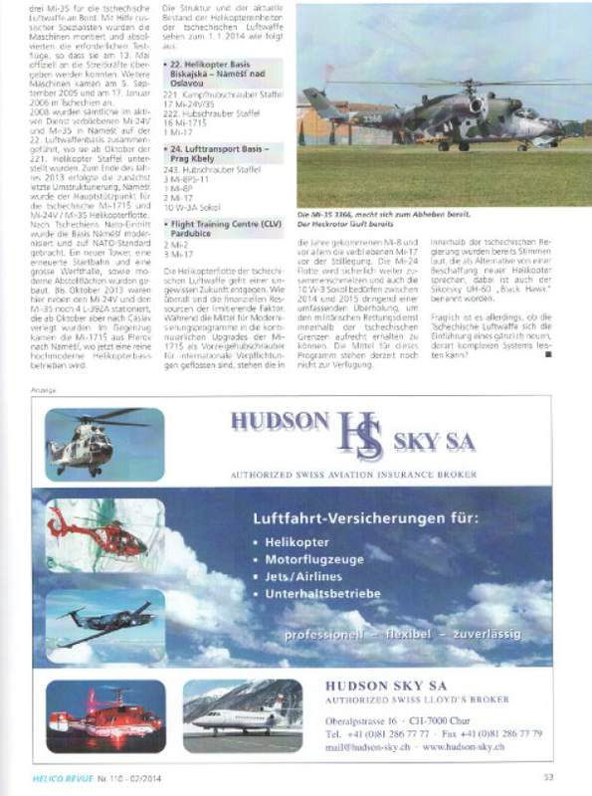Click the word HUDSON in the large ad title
pos(280,422)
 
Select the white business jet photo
pos(243,715)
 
